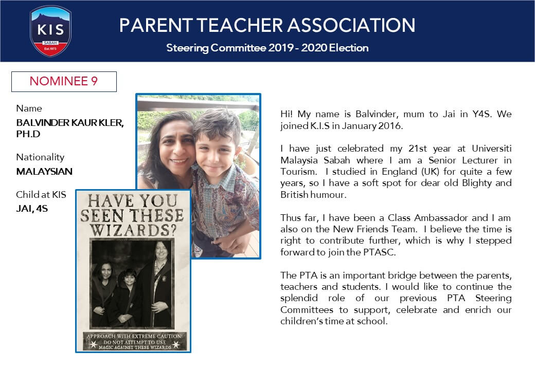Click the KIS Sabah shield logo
(50, 30)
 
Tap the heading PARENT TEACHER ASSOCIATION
(267, 25)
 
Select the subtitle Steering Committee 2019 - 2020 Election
(267, 48)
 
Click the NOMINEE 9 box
(64, 81)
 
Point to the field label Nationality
(40, 157)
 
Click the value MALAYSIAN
(44, 172)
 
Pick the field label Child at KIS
(41, 194)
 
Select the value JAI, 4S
(32, 209)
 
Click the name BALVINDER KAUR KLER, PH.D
(70, 128)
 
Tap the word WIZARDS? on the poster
(133, 228)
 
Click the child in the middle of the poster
(127, 295)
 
